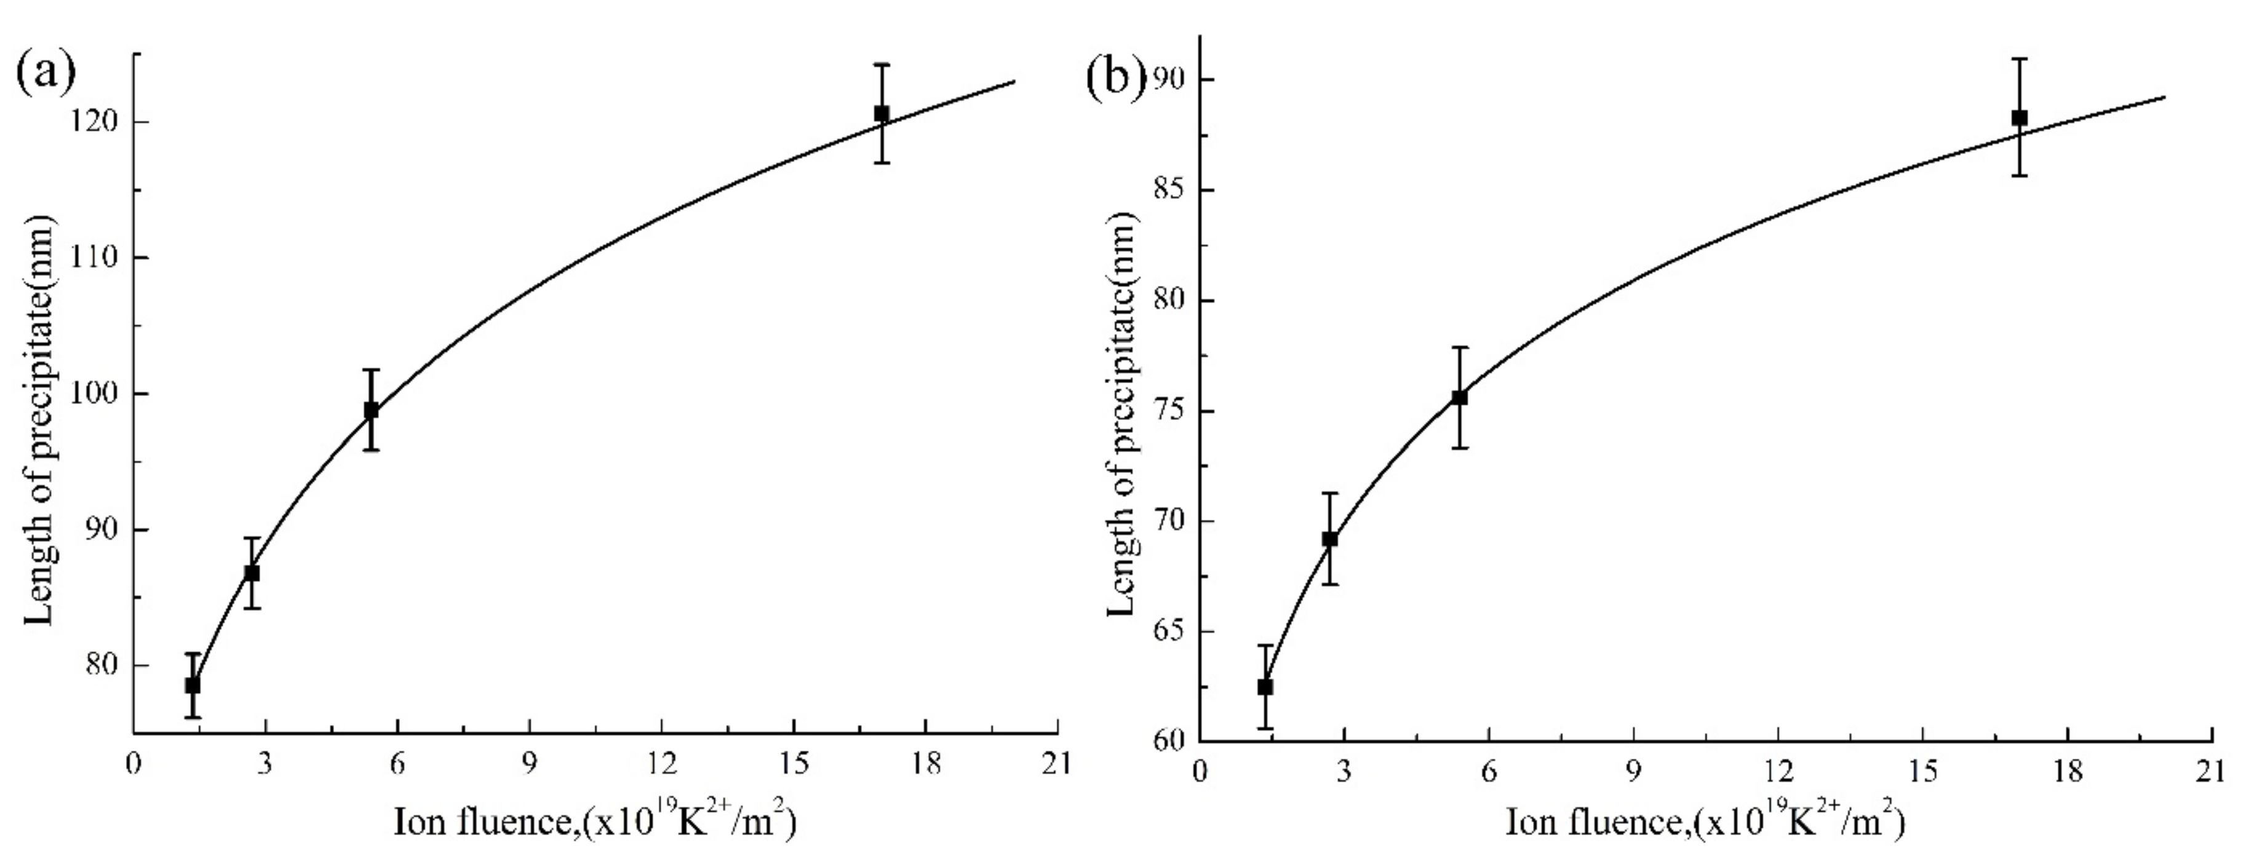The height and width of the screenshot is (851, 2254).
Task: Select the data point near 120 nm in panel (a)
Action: (x=881, y=114)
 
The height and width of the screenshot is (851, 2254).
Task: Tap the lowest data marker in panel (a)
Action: (x=193, y=685)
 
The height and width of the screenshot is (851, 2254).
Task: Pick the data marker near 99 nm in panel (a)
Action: (x=371, y=410)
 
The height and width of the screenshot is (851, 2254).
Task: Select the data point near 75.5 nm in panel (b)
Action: (x=1459, y=397)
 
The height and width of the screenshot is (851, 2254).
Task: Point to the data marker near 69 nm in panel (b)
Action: (x=1329, y=539)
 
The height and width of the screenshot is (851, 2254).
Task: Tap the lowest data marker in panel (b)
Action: (x=1264, y=687)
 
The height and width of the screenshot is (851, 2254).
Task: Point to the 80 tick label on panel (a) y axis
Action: (x=103, y=665)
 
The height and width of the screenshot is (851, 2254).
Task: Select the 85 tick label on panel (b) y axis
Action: (x=1167, y=190)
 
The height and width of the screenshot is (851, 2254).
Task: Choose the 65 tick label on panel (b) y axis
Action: (x=1167, y=631)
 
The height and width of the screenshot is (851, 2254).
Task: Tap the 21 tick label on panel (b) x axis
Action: (x=2210, y=772)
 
